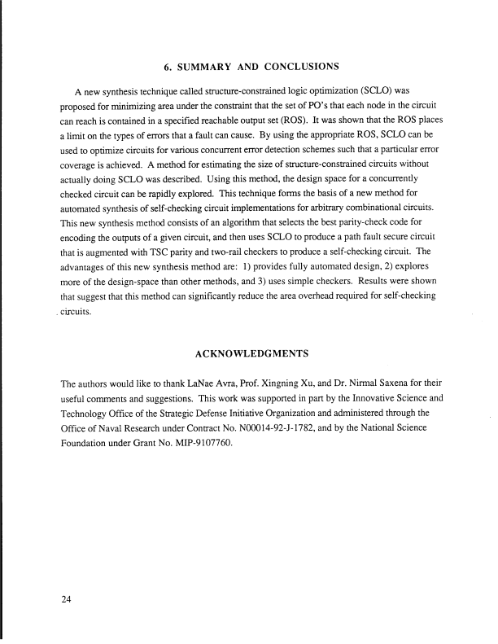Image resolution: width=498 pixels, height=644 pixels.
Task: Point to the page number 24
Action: pos(67,602)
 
